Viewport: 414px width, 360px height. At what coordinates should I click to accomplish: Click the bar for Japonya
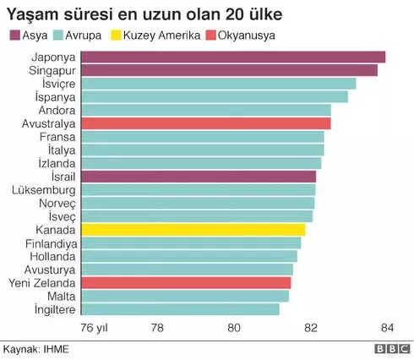(x=232, y=57)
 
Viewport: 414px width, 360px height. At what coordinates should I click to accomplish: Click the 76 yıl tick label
(x=95, y=328)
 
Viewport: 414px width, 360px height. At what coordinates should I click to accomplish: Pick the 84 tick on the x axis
(x=387, y=328)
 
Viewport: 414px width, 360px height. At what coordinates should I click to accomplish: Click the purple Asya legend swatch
(x=14, y=35)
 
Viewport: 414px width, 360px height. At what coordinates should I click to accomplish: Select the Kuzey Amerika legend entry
(x=160, y=35)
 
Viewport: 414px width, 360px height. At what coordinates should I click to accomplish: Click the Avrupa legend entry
(x=79, y=35)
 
